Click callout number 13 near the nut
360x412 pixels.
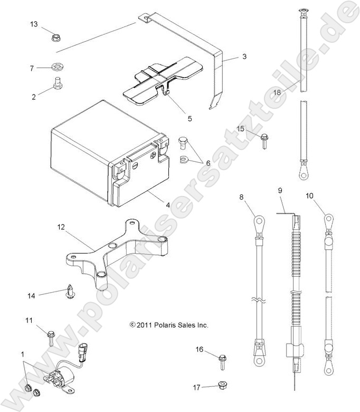tap(34, 25)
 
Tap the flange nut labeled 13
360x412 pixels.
tap(55, 38)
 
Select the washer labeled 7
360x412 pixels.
tap(56, 68)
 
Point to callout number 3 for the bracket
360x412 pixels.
tap(244, 56)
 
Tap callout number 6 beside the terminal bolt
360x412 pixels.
tap(208, 163)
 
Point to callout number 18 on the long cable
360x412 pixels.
tap(277, 92)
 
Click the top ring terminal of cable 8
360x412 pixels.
tap(259, 218)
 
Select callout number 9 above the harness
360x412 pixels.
tap(280, 190)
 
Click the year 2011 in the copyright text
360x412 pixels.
tap(145, 325)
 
